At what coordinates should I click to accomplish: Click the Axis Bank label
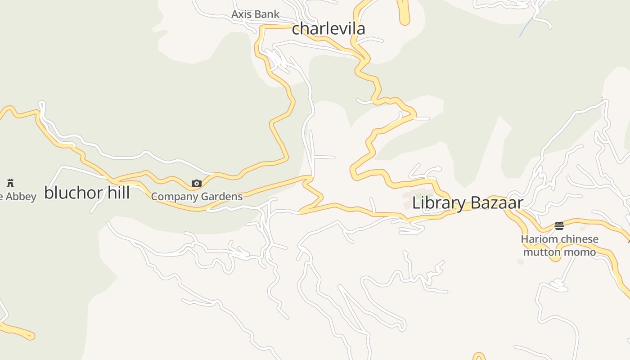pos(255,14)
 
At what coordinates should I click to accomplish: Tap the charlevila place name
pos(328,29)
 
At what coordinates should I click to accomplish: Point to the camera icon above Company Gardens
pos(197,183)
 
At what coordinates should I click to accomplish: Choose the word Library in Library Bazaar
pos(439,203)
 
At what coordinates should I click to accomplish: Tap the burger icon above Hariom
pos(559,225)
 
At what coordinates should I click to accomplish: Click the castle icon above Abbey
pos(10,183)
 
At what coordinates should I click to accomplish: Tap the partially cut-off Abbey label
pos(19,197)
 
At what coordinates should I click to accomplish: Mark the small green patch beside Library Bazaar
pos(418,196)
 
